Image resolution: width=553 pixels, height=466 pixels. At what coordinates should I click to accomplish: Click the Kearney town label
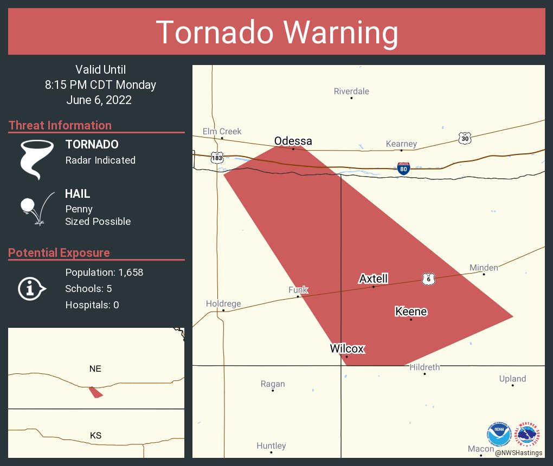(x=401, y=144)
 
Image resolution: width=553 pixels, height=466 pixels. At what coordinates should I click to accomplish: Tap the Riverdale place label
(x=351, y=91)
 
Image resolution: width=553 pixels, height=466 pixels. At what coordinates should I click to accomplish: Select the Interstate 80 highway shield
(x=403, y=168)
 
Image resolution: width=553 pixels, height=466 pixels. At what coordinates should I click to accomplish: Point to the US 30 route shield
(x=464, y=138)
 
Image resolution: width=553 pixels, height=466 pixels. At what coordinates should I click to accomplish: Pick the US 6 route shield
(x=428, y=279)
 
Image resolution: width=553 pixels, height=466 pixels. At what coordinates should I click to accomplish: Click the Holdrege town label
(x=223, y=303)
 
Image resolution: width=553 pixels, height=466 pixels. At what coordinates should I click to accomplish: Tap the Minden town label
(x=483, y=267)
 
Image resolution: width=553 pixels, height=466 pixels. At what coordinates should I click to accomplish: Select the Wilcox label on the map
(x=347, y=348)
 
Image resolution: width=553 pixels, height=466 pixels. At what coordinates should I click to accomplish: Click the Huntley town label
(x=271, y=445)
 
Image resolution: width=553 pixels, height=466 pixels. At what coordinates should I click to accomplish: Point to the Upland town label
(x=512, y=379)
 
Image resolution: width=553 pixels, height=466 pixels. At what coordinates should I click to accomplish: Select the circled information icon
(x=34, y=288)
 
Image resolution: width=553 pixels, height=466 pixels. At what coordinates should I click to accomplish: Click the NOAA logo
(x=499, y=433)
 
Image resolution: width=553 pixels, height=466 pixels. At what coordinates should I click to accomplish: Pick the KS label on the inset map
(x=95, y=435)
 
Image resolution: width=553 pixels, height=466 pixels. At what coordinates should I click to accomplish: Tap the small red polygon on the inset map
(x=95, y=392)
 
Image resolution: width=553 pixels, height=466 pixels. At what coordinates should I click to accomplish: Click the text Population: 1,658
(x=104, y=273)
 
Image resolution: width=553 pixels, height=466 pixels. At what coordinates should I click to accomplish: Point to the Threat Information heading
(x=60, y=125)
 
